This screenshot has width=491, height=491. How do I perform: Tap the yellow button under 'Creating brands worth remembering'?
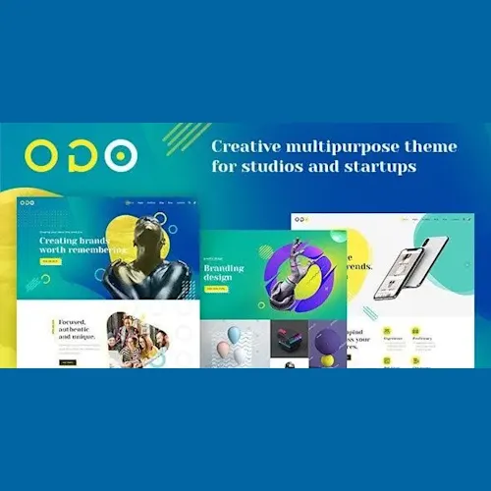pyautogui.click(x=50, y=261)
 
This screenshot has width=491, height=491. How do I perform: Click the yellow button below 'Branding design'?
pyautogui.click(x=213, y=290)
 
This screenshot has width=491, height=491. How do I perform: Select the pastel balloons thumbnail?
pyautogui.click(x=233, y=343)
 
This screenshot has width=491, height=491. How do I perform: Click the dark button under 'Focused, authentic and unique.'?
pyautogui.click(x=67, y=362)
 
